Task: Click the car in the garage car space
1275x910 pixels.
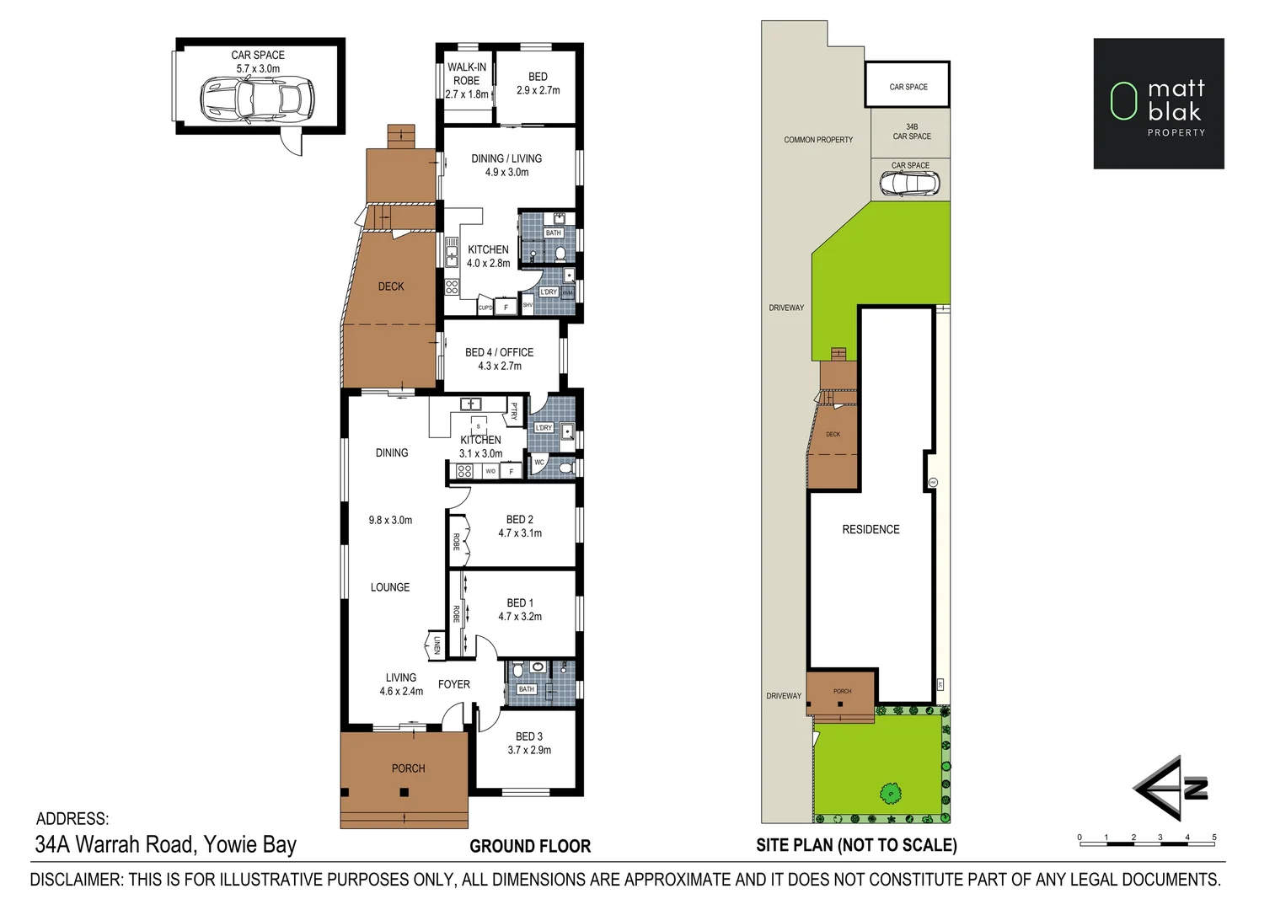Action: coord(257,99)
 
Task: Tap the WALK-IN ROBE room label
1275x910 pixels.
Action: coord(466,80)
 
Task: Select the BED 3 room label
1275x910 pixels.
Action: coord(529,736)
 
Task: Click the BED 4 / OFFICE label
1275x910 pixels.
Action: coord(499,352)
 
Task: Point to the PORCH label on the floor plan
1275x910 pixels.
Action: coord(408,768)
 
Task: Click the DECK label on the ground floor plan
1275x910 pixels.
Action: coord(391,286)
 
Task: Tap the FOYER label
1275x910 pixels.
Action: coord(454,684)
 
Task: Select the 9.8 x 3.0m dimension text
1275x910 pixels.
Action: coord(390,520)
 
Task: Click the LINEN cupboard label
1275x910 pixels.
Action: coord(437,646)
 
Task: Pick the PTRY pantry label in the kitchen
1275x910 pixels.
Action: coord(514,411)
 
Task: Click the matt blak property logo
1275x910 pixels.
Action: coord(1158,104)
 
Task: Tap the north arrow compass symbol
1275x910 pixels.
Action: coord(1171,788)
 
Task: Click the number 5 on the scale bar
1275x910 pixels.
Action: coord(1213,838)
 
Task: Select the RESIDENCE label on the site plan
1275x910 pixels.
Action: coord(871,529)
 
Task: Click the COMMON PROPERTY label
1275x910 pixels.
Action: coord(818,140)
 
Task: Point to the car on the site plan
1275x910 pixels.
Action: coord(909,183)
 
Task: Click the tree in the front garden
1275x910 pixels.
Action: coord(890,792)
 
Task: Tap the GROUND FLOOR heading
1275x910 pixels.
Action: coord(530,846)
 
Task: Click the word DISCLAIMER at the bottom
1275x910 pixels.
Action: coord(75,880)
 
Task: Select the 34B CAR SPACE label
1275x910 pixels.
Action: coord(912,131)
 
